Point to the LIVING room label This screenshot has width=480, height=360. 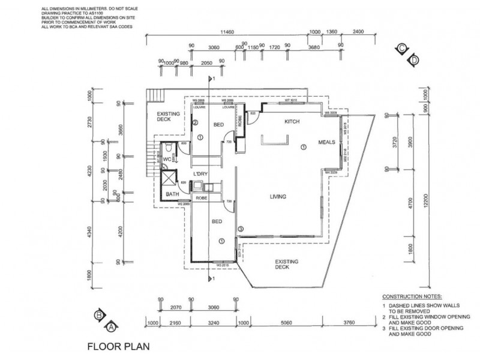point(278,196)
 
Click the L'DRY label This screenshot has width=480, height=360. point(200,174)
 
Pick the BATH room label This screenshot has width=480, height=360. point(172,194)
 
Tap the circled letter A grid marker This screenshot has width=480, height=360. point(111,327)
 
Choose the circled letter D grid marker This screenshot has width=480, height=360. point(413,60)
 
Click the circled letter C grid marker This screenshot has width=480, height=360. point(400,49)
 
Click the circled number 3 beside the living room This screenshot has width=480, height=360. point(241,229)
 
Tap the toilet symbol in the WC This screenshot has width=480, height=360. point(170,147)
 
